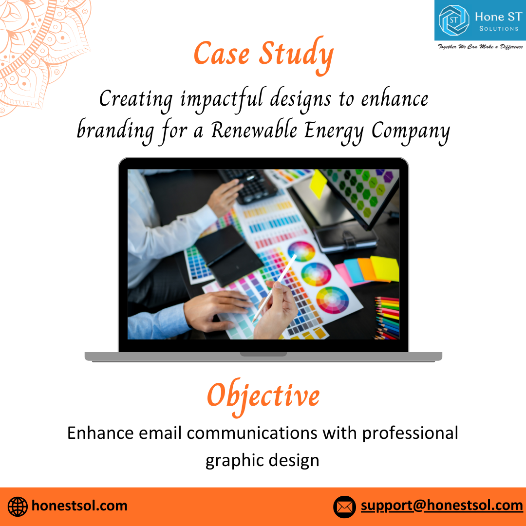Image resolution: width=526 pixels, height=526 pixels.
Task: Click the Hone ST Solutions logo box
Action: [480, 20]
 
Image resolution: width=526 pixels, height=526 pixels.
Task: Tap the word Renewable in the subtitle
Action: [254, 130]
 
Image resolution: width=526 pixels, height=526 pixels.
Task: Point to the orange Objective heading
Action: [263, 397]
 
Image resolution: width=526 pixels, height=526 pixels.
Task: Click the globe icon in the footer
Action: [18, 507]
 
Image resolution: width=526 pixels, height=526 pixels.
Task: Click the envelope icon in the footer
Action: [344, 507]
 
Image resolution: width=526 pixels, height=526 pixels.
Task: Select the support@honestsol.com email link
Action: [442, 506]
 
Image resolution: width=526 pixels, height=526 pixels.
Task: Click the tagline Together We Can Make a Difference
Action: [480, 47]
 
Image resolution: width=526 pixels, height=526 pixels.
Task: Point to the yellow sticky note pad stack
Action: [385, 268]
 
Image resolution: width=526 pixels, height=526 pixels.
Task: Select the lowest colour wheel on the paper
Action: [333, 300]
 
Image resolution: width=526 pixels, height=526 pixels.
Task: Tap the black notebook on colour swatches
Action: [228, 255]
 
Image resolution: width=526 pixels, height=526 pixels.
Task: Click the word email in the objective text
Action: [160, 433]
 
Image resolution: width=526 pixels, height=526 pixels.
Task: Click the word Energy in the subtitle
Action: [334, 131]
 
